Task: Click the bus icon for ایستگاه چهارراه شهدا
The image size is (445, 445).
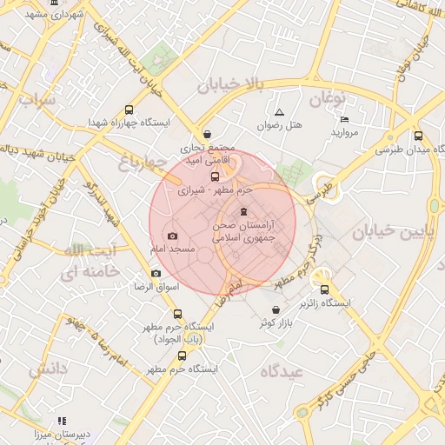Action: [130, 110]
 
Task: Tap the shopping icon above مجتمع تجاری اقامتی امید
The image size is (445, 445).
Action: [207, 135]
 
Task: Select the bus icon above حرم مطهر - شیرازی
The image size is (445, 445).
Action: [216, 176]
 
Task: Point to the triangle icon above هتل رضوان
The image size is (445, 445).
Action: [279, 112]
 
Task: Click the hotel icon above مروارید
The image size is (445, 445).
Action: [344, 119]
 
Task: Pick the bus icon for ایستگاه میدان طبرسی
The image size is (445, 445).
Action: [418, 136]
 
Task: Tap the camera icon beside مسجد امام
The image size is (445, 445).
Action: [172, 236]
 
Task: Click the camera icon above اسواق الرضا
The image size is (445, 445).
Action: [156, 273]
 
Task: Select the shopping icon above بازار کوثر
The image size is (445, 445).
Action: [276, 310]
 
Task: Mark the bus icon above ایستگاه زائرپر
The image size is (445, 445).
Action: [325, 290]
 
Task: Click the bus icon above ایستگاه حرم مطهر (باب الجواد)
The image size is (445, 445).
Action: [178, 314]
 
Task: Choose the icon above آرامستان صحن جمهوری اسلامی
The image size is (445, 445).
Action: [243, 212]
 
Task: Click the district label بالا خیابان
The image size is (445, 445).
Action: [229, 85]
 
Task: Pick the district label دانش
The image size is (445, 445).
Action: [48, 369]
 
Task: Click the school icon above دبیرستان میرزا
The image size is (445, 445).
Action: [61, 421]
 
